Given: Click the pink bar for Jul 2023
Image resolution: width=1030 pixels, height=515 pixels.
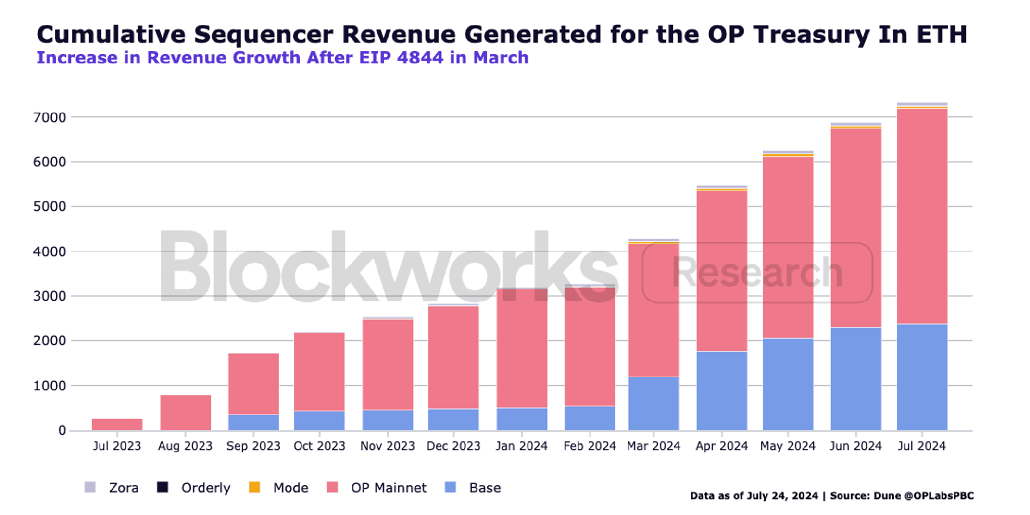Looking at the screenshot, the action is pyautogui.click(x=117, y=424).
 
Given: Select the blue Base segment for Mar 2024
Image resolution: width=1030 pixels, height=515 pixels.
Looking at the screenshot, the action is pyautogui.click(x=654, y=403).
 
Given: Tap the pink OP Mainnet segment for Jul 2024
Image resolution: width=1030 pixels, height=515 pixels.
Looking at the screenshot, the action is pyautogui.click(x=922, y=216).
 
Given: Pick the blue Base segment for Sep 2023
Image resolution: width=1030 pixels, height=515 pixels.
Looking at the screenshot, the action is pyautogui.click(x=253, y=422).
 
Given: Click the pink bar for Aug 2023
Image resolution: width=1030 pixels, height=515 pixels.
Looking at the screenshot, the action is pyautogui.click(x=186, y=413).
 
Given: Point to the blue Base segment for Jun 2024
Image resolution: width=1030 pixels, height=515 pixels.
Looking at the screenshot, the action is pyautogui.click(x=856, y=379).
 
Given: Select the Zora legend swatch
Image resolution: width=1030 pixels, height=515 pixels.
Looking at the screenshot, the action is pyautogui.click(x=90, y=487).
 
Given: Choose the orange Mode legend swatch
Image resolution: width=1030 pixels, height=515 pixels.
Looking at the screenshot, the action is pyautogui.click(x=254, y=487).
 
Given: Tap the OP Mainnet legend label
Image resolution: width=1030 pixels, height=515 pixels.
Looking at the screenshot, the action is pyautogui.click(x=389, y=488).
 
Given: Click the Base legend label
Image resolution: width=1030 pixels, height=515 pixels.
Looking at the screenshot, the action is pyautogui.click(x=485, y=488).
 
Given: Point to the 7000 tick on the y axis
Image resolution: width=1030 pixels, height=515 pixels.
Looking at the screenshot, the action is pyautogui.click(x=50, y=117).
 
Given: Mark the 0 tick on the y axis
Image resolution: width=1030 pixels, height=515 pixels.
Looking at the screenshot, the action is pyautogui.click(x=62, y=430).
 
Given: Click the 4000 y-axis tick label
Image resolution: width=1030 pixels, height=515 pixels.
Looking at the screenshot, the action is pyautogui.click(x=50, y=251).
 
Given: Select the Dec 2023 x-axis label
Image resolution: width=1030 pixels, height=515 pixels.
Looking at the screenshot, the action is pyautogui.click(x=453, y=446).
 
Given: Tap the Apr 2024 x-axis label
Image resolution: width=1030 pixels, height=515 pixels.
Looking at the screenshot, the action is pyautogui.click(x=722, y=446).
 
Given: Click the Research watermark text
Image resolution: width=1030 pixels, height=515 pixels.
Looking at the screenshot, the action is pyautogui.click(x=757, y=272).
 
